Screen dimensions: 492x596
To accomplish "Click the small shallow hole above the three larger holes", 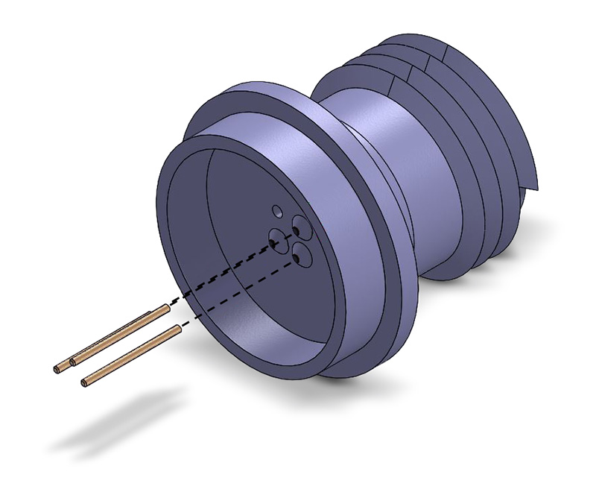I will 276,210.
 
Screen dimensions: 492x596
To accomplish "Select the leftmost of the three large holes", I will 277,240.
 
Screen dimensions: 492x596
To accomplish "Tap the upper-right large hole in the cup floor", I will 300,225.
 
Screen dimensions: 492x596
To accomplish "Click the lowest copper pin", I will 130,356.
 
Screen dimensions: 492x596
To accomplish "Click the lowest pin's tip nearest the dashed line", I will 177,328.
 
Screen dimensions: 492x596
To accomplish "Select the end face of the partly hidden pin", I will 58,369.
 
